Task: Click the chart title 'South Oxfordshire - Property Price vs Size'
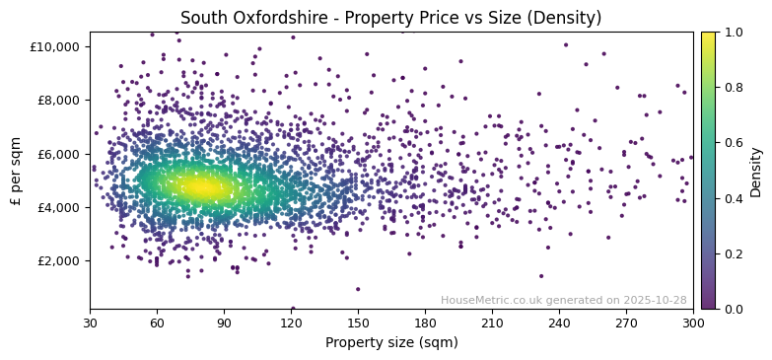(391, 18)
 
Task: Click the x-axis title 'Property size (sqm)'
(391, 342)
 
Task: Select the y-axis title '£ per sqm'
(16, 170)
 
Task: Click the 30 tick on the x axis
(90, 322)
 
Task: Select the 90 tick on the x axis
(224, 322)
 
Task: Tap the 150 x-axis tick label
(358, 322)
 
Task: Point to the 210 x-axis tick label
(492, 322)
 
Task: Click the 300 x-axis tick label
(693, 322)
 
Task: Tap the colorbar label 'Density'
(756, 170)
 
